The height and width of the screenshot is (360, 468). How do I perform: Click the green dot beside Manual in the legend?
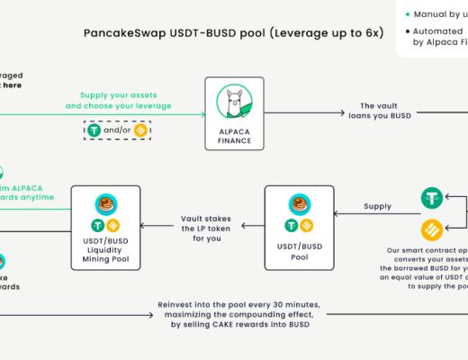(408, 13)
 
